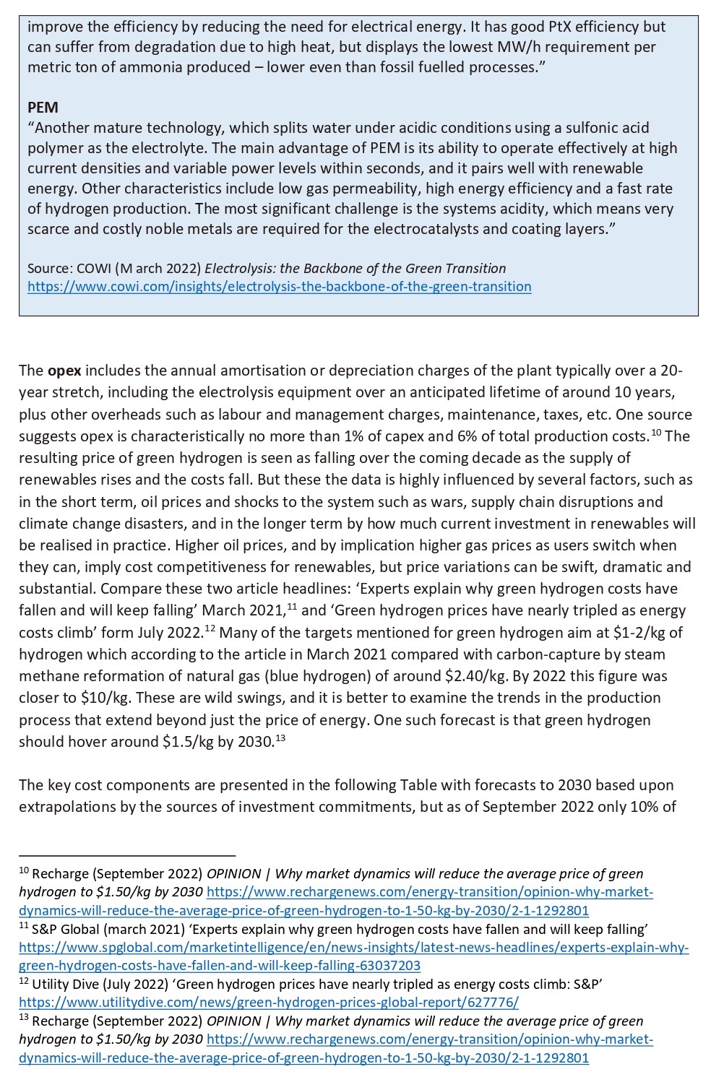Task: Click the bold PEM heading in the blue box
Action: pyautogui.click(x=43, y=108)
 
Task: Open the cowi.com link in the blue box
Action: pyautogui.click(x=279, y=287)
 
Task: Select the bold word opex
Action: pyautogui.click(x=64, y=371)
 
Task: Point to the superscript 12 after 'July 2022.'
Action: pyautogui.click(x=210, y=628)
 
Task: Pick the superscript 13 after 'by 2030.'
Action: pyautogui.click(x=280, y=737)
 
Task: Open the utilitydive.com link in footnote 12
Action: pyautogui.click(x=268, y=1003)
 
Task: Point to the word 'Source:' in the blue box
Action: pyautogui.click(x=48, y=269)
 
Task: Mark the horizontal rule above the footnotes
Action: pyautogui.click(x=127, y=855)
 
